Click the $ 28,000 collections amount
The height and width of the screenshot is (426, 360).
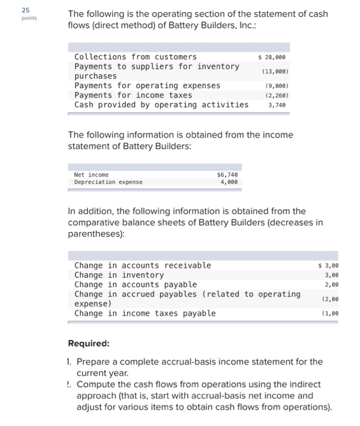click(x=272, y=57)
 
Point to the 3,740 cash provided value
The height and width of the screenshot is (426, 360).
click(x=276, y=105)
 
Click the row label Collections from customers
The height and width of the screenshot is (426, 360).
click(x=135, y=57)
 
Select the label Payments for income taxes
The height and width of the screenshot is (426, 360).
click(x=133, y=96)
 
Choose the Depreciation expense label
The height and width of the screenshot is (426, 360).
click(x=108, y=182)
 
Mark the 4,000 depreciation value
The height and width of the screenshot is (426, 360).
click(x=227, y=182)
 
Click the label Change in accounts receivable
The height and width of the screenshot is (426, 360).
click(x=142, y=265)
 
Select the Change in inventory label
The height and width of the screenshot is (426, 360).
click(x=119, y=275)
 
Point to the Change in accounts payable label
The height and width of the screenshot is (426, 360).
click(x=135, y=285)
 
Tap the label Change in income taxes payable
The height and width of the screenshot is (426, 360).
click(x=145, y=313)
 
